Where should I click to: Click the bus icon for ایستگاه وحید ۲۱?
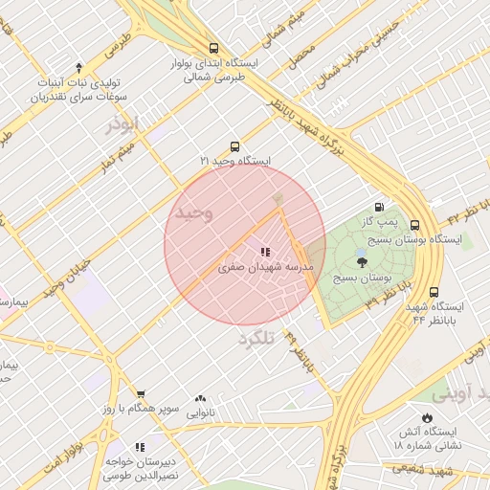pyautogui.click(x=234, y=146)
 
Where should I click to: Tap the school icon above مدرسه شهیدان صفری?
pyautogui.click(x=264, y=253)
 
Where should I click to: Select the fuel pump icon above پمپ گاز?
pyautogui.click(x=380, y=208)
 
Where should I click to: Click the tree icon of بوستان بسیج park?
pyautogui.click(x=361, y=260)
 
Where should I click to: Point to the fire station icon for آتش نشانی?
pyautogui.click(x=426, y=418)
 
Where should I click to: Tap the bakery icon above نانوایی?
pyautogui.click(x=200, y=399)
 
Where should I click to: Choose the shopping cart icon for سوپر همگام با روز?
pyautogui.click(x=141, y=394)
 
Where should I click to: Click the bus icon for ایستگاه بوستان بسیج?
pyautogui.click(x=414, y=224)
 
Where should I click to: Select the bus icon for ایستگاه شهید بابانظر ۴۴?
pyautogui.click(x=434, y=292)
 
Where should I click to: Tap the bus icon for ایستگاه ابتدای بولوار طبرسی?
pyautogui.click(x=212, y=48)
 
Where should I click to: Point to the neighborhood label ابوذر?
pyautogui.click(x=124, y=123)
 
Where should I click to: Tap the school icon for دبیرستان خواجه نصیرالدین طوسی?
pyautogui.click(x=140, y=446)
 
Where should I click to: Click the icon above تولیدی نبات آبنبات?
pyautogui.click(x=79, y=67)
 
